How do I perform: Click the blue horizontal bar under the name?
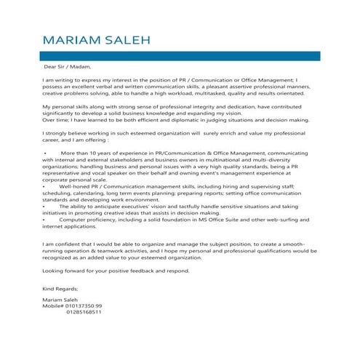[180, 55]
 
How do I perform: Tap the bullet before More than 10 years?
[44, 154]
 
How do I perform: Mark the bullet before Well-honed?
[44, 185]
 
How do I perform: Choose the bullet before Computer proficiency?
[44, 219]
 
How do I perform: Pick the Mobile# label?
[54, 305]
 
